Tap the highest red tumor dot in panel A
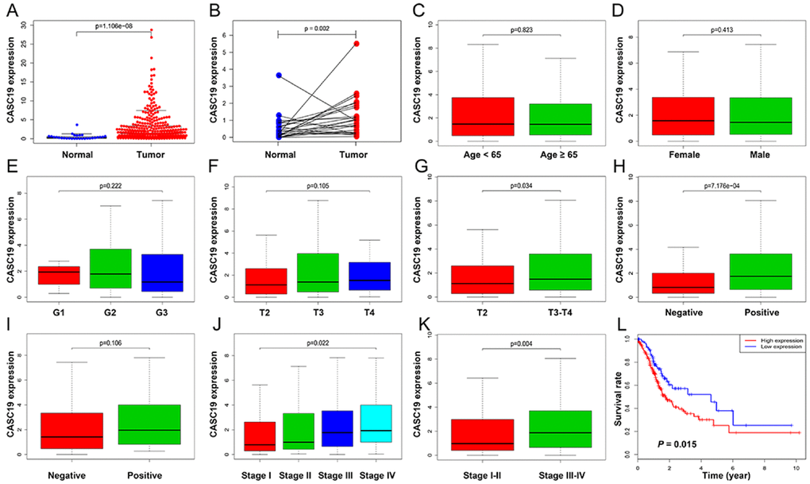tap(151, 30)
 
